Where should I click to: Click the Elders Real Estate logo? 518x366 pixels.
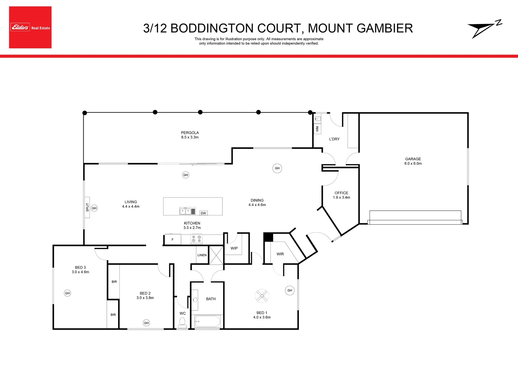30,27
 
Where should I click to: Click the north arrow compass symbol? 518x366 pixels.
484,29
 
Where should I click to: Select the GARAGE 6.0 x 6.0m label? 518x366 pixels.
413,161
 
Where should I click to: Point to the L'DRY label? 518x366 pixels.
334,139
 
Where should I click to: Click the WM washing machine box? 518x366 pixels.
317,129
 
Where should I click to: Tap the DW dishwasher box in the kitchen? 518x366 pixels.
203,213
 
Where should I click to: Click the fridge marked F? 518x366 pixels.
173,240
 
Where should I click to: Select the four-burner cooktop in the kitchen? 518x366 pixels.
196,239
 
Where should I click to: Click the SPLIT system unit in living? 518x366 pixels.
87,207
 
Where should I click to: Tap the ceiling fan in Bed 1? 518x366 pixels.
262,296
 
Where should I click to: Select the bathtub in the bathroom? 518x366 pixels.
207,321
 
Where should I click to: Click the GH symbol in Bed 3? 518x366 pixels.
67,293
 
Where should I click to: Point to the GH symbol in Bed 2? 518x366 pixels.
146,323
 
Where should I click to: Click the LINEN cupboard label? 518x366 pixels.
202,255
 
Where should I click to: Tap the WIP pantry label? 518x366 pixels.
234,248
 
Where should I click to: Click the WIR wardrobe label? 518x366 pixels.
280,254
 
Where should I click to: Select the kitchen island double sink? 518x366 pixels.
185,211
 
